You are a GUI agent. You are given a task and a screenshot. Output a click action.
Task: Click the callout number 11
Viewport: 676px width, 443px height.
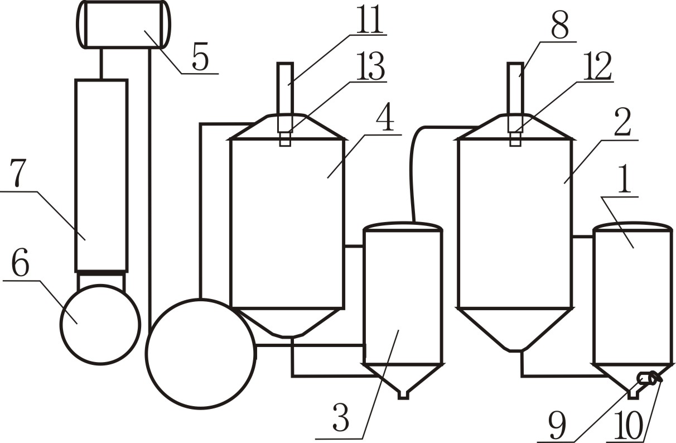pos(370,19)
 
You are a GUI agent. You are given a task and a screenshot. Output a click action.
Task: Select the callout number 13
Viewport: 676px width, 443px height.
pos(370,66)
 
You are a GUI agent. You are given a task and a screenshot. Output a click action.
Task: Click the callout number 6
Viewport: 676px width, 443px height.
pos(20,262)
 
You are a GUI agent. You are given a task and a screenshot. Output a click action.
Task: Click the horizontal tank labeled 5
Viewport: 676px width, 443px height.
pos(123,24)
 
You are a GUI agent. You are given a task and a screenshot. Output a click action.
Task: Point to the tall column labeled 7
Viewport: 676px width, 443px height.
pos(102,175)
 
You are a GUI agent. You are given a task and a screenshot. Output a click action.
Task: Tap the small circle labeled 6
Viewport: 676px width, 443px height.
pos(100,324)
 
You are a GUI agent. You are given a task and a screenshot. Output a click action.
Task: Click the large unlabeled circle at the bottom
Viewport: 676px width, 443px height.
pos(201,354)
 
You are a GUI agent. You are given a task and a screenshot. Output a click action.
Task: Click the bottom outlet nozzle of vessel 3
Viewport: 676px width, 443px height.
pos(403,395)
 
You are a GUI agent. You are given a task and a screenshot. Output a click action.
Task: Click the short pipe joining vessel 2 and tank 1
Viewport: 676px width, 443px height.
pos(583,237)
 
